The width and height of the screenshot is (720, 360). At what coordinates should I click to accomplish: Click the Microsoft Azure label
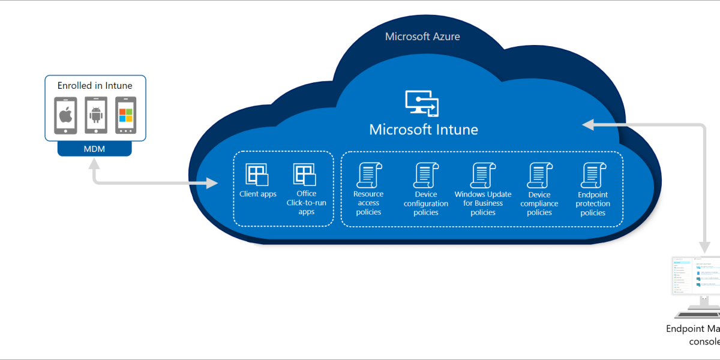(x=422, y=37)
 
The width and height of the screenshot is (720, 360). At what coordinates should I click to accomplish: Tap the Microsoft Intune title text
(x=424, y=130)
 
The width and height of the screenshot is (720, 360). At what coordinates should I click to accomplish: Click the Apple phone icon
(x=66, y=115)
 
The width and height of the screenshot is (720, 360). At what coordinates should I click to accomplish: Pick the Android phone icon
(x=95, y=115)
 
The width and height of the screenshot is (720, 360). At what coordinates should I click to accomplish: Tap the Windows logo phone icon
(x=125, y=115)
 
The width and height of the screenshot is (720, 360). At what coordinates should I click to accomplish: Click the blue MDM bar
(x=95, y=149)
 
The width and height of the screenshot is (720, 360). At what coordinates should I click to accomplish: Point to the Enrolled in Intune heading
(x=95, y=86)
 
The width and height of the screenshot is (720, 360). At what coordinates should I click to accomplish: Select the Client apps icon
(x=257, y=175)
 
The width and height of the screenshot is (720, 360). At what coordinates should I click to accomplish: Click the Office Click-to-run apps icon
(x=305, y=175)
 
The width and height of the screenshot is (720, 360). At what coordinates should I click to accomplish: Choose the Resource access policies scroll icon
(x=368, y=175)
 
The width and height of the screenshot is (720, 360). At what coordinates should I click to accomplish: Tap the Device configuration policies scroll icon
(x=425, y=175)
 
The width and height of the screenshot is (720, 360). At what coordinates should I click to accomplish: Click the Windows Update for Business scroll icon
(x=482, y=175)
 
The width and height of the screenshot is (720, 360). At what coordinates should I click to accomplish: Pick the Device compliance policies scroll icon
(x=539, y=175)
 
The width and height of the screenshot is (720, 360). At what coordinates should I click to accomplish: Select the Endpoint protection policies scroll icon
(x=593, y=175)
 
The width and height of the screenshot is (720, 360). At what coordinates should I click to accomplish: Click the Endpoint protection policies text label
(x=593, y=203)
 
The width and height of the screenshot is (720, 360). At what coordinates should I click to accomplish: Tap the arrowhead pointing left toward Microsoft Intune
(x=589, y=124)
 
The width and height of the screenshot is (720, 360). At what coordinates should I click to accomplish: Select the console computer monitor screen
(x=696, y=275)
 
